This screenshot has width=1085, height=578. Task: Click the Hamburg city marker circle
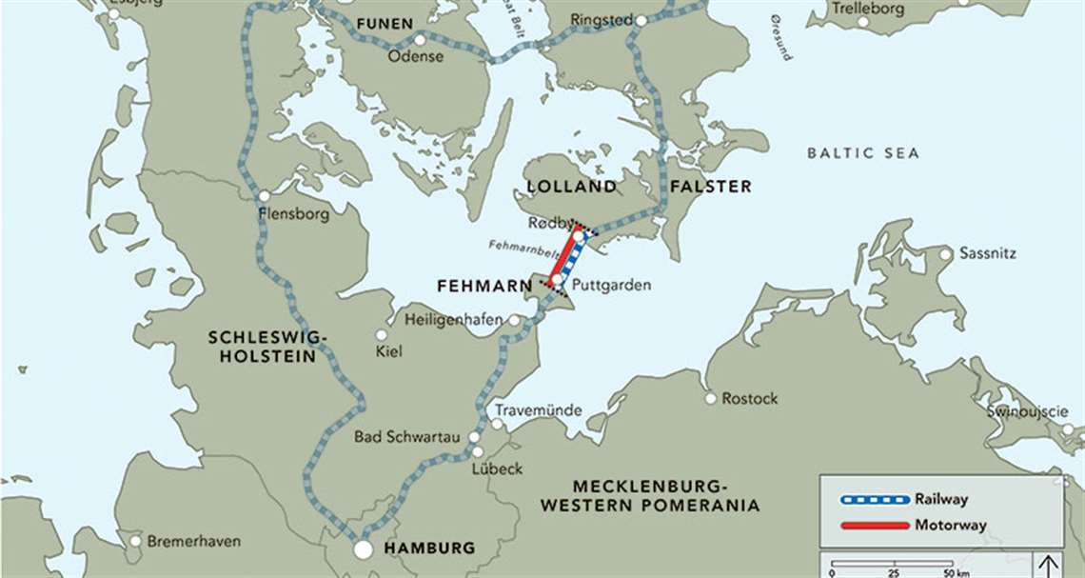(363, 549)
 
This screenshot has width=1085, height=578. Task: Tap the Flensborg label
(293, 214)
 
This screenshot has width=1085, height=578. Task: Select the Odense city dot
(420, 40)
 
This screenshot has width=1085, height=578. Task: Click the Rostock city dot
(710, 398)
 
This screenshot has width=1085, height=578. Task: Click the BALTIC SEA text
(863, 153)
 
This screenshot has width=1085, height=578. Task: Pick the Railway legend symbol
(874, 498)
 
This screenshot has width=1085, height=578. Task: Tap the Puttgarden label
(611, 285)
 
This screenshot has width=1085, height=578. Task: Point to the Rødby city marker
(577, 234)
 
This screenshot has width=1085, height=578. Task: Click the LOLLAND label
(570, 187)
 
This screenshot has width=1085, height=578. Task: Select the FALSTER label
(709, 187)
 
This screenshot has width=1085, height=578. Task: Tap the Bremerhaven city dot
(135, 541)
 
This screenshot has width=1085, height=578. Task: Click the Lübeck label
(497, 468)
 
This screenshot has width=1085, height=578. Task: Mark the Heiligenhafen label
(454, 320)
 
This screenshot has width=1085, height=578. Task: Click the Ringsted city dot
(641, 20)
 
